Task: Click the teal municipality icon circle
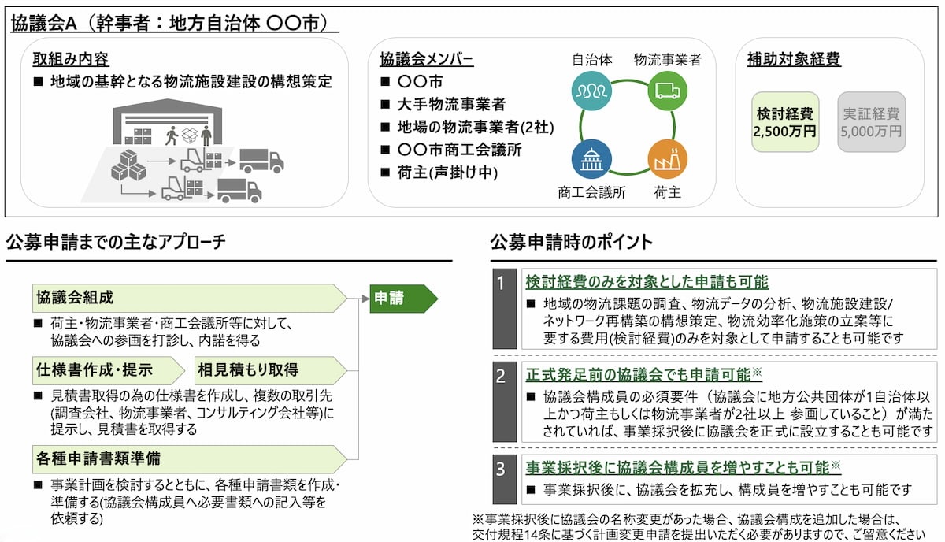[x=591, y=91]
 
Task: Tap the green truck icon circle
[x=668, y=91]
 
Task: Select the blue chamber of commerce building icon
[x=591, y=159]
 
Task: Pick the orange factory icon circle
[x=668, y=159]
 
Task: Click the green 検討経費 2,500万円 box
[x=785, y=122]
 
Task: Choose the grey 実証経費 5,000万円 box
[x=872, y=122]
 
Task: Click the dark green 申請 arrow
[x=404, y=299]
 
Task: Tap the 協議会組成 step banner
[x=190, y=298]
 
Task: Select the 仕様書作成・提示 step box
[x=109, y=370]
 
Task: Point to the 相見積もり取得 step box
[x=270, y=370]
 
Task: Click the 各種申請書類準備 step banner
[x=190, y=458]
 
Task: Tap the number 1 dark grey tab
[x=505, y=309]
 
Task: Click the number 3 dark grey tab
[x=505, y=479]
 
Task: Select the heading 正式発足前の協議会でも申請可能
[x=639, y=375]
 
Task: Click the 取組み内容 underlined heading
[x=71, y=59]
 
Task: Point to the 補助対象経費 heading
[x=794, y=58]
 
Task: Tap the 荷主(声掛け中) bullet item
[x=439, y=173]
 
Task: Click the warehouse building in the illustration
[x=168, y=121]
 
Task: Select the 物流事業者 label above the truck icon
[x=668, y=60]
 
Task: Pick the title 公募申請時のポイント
[x=571, y=243]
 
